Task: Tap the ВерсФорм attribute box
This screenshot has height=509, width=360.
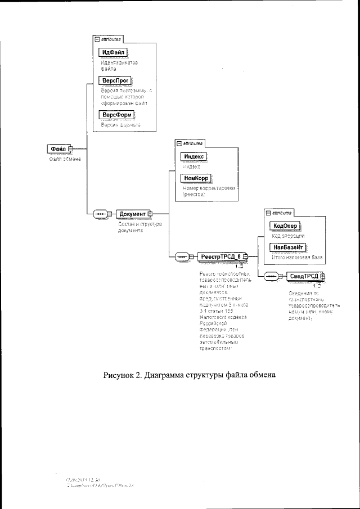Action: coord(116,115)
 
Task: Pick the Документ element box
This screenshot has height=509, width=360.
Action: coord(133,214)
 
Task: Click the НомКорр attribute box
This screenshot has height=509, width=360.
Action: coord(195,178)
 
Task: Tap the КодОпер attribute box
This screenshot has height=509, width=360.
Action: coord(285,226)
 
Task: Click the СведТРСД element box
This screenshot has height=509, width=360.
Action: coord(305,276)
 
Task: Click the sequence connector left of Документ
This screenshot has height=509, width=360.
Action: coord(101,214)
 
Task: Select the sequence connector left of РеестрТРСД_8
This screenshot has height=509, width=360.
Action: coord(183,257)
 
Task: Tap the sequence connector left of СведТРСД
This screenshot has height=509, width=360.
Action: coord(272,276)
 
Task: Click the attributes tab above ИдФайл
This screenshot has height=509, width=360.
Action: coord(107,40)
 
